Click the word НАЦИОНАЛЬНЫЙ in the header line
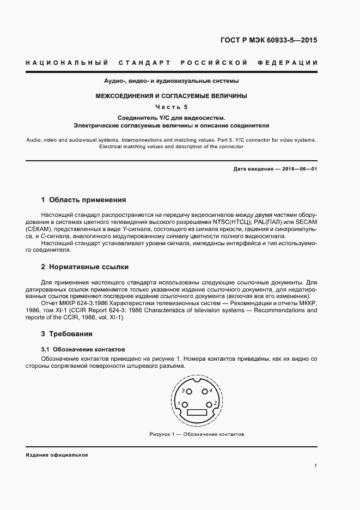[x=67, y=63]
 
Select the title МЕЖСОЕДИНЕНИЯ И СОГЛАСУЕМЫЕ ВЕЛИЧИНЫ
[x=172, y=96]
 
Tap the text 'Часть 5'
[x=172, y=107]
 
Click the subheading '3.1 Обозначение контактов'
[x=83, y=348]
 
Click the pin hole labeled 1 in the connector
[x=185, y=405]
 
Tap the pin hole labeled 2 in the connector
[x=210, y=405]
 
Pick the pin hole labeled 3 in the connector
[x=190, y=391]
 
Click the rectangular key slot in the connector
[x=197, y=414]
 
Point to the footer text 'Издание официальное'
[x=57, y=454]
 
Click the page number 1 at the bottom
[x=315, y=466]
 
